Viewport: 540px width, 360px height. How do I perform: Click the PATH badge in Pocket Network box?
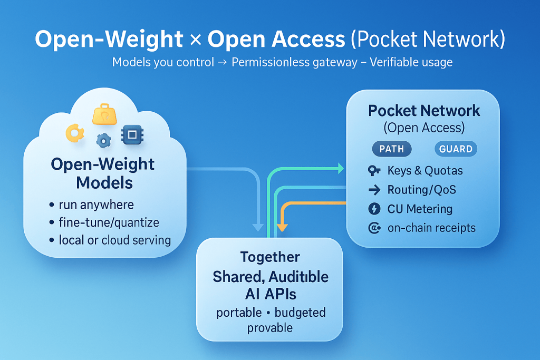(x=392, y=149)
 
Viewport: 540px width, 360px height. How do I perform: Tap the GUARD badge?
(x=456, y=149)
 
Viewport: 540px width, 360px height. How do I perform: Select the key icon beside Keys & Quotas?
(x=374, y=171)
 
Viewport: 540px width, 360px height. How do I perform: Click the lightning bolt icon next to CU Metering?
(x=373, y=209)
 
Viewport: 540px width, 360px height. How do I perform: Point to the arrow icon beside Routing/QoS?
(x=374, y=190)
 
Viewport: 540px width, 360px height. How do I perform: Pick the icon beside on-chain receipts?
(x=374, y=228)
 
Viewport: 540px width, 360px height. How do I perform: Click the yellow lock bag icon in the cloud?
(x=104, y=113)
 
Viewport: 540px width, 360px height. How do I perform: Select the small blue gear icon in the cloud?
(x=104, y=140)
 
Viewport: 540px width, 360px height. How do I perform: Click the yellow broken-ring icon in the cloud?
(x=74, y=133)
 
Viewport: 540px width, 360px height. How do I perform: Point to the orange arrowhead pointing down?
(x=283, y=228)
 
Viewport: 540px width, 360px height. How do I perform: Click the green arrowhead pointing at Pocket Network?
(x=340, y=168)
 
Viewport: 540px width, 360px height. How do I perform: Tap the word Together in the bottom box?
(x=270, y=257)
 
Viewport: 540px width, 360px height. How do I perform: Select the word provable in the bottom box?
(x=270, y=328)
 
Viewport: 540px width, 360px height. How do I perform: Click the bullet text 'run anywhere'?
(x=97, y=205)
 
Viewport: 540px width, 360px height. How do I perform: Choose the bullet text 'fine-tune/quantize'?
(x=109, y=222)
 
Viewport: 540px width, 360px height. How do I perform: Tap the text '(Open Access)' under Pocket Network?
(x=424, y=128)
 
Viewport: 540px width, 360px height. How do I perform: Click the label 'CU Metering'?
(x=420, y=209)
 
